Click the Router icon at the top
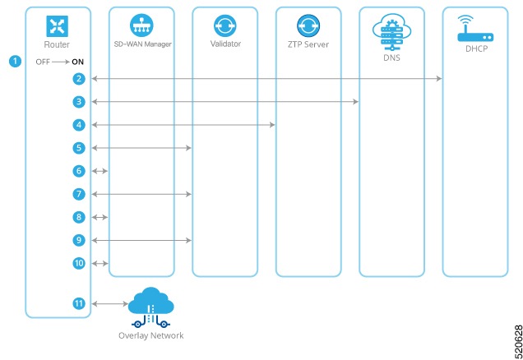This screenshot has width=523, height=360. click(x=57, y=25)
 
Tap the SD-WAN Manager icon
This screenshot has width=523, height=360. click(x=141, y=24)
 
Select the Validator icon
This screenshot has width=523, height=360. click(x=224, y=24)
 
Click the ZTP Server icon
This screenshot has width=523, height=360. click(x=308, y=24)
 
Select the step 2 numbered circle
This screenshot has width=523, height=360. click(x=79, y=78)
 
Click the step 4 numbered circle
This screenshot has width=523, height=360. click(x=79, y=125)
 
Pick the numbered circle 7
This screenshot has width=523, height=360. click(x=79, y=194)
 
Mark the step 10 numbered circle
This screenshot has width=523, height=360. click(x=79, y=263)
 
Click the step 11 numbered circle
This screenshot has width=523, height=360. click(x=79, y=303)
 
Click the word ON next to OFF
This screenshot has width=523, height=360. click(x=79, y=62)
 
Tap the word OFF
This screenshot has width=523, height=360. click(x=44, y=62)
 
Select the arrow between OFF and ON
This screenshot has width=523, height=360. click(x=62, y=62)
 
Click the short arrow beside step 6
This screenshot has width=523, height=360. click(x=100, y=171)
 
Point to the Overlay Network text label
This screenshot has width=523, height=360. click(x=150, y=335)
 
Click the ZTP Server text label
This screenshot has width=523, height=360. click(x=308, y=44)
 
